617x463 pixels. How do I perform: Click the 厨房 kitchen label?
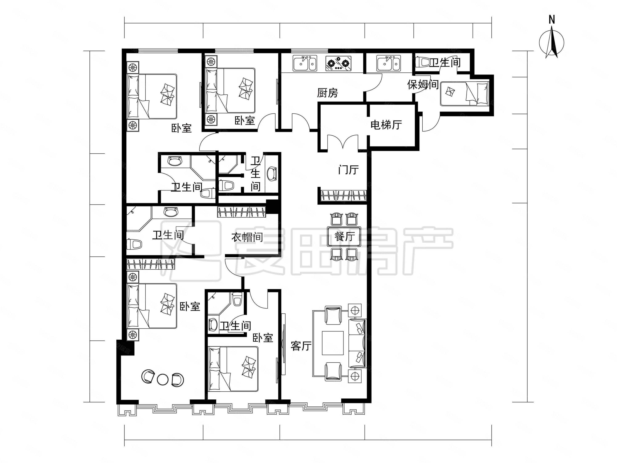(328, 93)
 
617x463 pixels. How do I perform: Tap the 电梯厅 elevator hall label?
(386, 125)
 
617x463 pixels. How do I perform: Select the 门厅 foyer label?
(348, 170)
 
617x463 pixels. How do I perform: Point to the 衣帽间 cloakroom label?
(247, 237)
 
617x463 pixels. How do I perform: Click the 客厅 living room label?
(301, 346)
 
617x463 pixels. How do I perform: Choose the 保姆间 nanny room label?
(423, 85)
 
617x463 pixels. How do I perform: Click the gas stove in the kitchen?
(338, 63)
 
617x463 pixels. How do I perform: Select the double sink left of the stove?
(305, 63)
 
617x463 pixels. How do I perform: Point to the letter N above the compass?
(552, 20)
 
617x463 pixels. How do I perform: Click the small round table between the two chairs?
(162, 379)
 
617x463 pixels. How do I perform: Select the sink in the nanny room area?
(389, 63)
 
